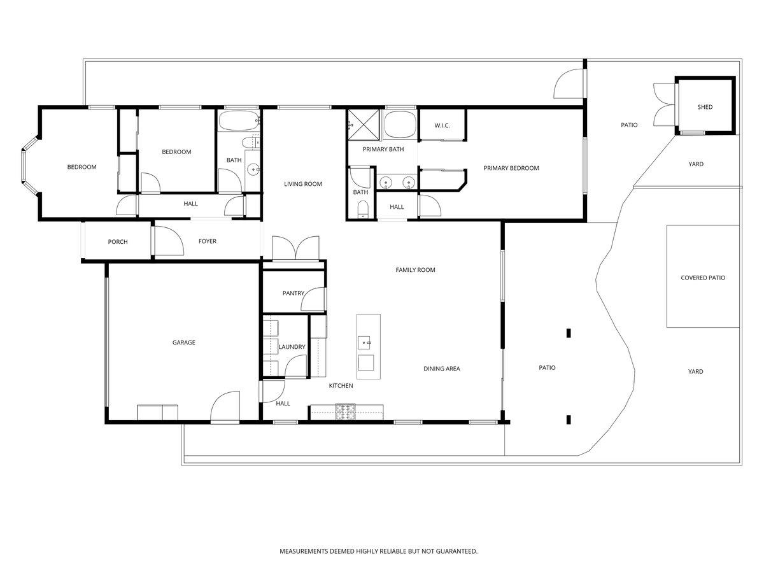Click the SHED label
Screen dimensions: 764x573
tap(705, 107)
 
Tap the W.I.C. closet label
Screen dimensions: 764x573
tap(442, 125)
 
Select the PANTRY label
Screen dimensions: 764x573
tap(293, 294)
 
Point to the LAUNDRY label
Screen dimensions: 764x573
tap(292, 347)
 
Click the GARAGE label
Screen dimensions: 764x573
tap(183, 343)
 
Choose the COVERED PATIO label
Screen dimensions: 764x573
tap(703, 278)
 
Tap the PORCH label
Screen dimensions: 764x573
tap(118, 242)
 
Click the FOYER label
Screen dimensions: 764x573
tap(208, 241)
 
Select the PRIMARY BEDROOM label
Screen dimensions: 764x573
tap(511, 168)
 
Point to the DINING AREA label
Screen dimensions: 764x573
tap(441, 369)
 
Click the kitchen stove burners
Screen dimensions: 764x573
tap(345, 411)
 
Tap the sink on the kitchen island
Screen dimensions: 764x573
tap(365, 343)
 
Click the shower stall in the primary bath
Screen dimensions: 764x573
tap(363, 125)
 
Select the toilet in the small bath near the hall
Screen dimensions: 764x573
tap(363, 209)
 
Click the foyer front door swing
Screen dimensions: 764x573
tap(169, 241)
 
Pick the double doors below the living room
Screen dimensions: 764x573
tap(295, 248)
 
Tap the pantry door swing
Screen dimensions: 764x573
tap(313, 299)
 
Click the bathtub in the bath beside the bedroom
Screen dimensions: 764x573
tap(238, 120)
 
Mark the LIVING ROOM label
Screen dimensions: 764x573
tap(303, 184)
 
